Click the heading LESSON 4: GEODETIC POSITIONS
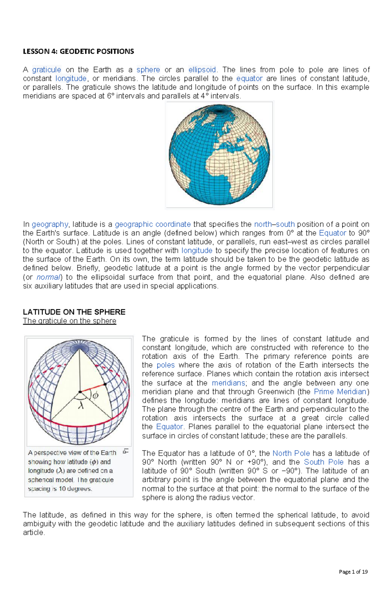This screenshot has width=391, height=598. [x=78, y=51]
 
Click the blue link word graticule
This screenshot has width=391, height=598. [x=47, y=70]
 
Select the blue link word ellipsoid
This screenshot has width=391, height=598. [x=202, y=70]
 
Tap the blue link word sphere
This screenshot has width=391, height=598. [x=148, y=70]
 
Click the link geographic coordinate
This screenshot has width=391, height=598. [x=153, y=224]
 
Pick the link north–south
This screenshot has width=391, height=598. [x=274, y=224]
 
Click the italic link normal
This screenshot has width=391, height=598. [x=49, y=277]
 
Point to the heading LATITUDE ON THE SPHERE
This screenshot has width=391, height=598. [x=74, y=312]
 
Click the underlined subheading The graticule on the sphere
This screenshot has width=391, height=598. [x=69, y=321]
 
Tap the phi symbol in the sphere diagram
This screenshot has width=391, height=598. [x=95, y=396]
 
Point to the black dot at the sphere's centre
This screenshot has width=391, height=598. [x=80, y=392]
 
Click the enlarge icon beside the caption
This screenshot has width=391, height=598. [x=126, y=451]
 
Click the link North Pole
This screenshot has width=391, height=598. [x=291, y=453]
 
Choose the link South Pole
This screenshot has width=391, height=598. [x=324, y=462]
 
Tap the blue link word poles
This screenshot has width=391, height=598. [x=166, y=365]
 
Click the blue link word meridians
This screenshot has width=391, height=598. [x=228, y=383]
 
